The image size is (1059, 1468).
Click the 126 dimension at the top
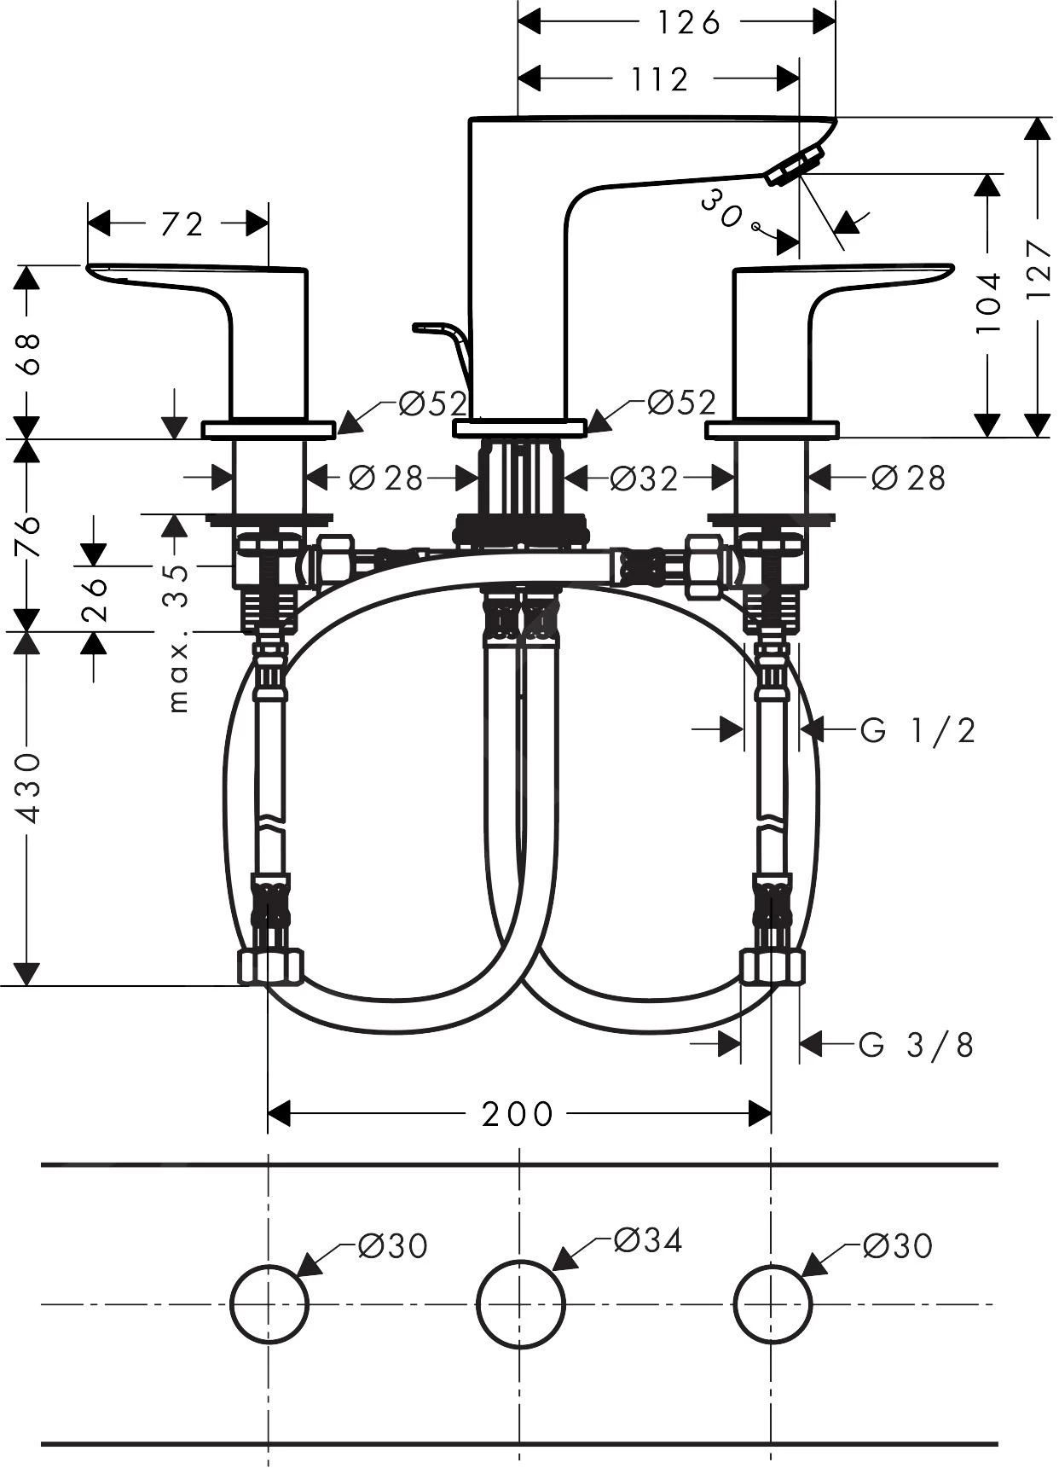[687, 22]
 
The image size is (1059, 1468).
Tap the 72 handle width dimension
[182, 224]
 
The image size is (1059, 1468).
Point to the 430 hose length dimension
[29, 786]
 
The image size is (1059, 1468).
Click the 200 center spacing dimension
[517, 1113]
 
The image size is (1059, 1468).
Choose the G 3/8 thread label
[917, 1044]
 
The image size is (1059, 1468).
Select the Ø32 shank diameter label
[644, 479]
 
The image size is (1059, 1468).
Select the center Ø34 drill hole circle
[520, 1304]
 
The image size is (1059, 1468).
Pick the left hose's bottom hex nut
[269, 966]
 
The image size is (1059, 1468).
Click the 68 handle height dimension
[28, 352]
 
